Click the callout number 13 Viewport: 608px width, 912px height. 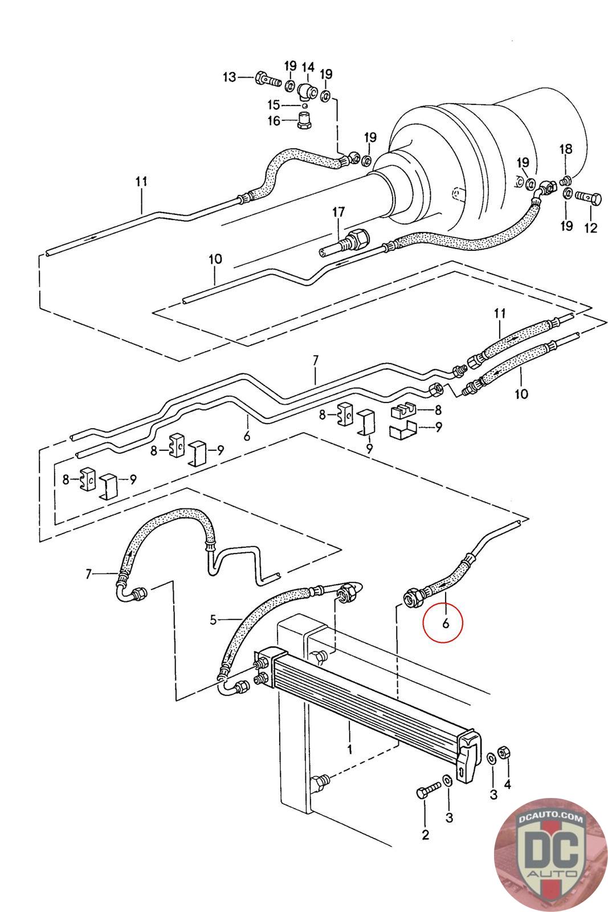[228, 77]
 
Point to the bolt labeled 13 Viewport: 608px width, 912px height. [267, 80]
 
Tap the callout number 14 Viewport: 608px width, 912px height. [308, 67]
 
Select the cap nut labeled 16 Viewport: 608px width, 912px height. [306, 120]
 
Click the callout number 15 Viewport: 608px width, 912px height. [274, 105]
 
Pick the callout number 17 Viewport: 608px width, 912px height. [338, 212]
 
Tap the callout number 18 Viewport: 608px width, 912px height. [565, 149]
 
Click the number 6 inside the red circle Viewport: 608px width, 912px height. [445, 623]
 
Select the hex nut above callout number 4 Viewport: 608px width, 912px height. [503, 752]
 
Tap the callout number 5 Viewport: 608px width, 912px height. [213, 619]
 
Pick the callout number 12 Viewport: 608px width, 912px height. [590, 228]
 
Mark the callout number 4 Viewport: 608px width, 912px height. [507, 784]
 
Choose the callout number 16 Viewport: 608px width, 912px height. [274, 121]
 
